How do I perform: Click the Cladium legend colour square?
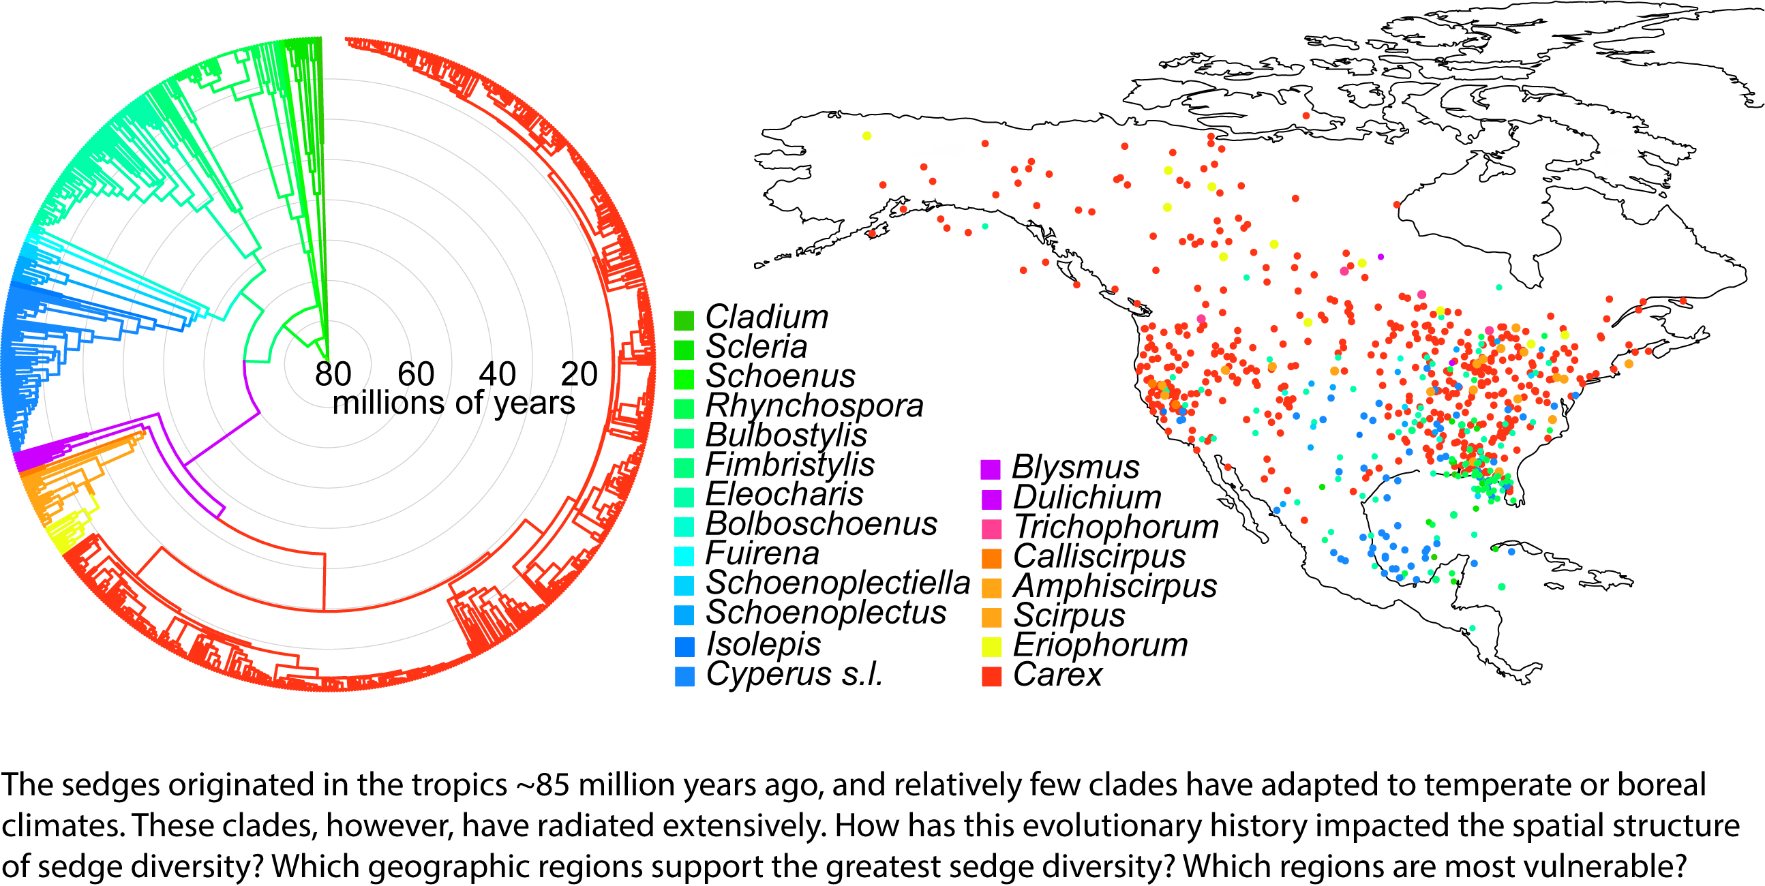[684, 320]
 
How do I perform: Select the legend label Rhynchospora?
[814, 406]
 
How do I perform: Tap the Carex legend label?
[1057, 675]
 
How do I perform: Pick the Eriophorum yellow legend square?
[991, 646]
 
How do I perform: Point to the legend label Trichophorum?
[1115, 527]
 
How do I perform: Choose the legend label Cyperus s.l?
[794, 674]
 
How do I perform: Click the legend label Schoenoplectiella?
[837, 583]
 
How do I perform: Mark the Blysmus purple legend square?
[991, 469]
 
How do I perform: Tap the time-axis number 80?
[333, 374]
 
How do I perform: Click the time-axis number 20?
[579, 374]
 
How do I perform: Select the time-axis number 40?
[498, 374]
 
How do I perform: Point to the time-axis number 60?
[416, 374]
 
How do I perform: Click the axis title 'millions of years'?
[453, 403]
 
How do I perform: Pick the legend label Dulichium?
[1087, 498]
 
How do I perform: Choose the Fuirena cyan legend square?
[684, 555]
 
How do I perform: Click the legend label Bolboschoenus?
[821, 525]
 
